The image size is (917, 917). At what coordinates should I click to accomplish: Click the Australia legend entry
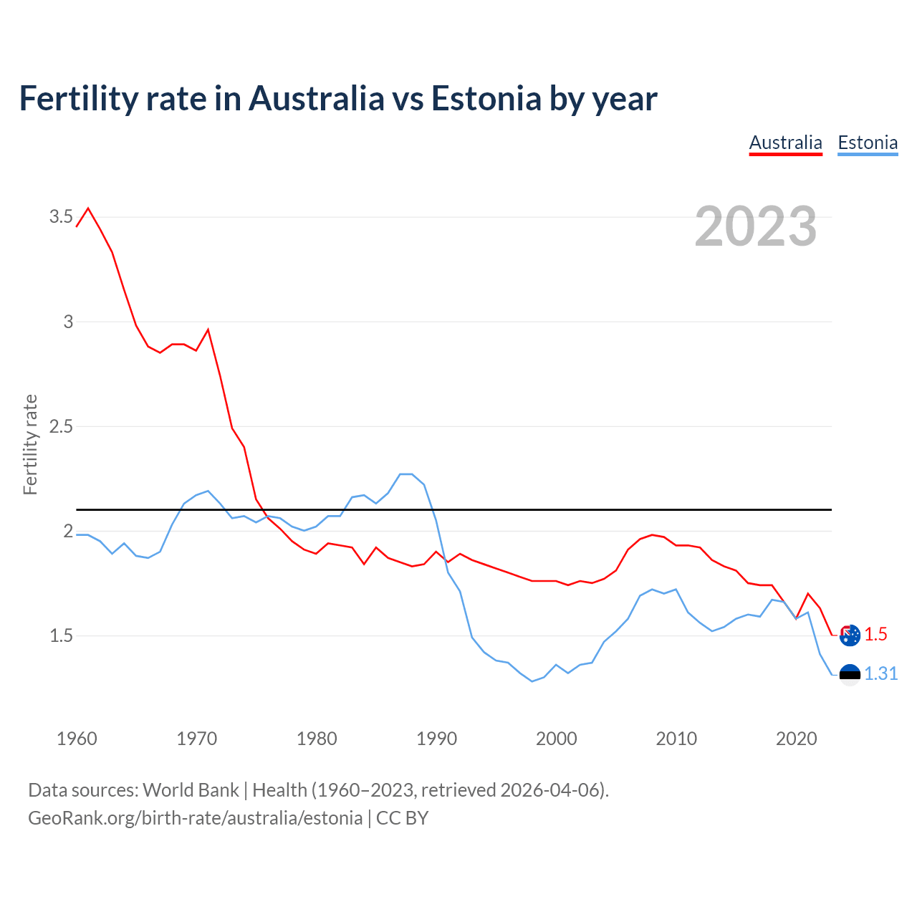point(785,143)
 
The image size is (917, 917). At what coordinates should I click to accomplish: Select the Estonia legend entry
point(868,143)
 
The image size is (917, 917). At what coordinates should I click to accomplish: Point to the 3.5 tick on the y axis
point(61,216)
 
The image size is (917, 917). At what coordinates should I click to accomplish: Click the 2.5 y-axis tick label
point(61,426)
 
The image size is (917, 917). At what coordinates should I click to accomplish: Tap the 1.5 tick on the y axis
point(61,635)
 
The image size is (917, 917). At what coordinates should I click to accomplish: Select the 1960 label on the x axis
point(77,739)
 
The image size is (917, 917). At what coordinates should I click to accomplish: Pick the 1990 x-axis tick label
point(436,739)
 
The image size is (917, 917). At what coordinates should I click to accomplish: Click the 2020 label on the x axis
point(796,739)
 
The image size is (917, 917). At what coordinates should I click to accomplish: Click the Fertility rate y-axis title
point(30,444)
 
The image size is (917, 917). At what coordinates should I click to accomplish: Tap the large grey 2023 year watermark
point(755,226)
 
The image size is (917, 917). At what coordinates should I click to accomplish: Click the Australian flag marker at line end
point(850,635)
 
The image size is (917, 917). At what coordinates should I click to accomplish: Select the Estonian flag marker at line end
point(850,674)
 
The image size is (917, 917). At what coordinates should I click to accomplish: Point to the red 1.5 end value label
point(875,634)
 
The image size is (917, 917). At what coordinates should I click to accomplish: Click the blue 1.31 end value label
point(880,674)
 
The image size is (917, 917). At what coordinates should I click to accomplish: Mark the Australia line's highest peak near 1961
point(88,208)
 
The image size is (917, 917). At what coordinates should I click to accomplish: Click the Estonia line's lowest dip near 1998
point(532,681)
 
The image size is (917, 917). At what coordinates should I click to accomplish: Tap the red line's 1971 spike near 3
point(208,330)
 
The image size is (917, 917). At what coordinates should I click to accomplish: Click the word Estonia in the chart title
point(486,98)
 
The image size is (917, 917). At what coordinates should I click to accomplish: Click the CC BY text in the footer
point(402,818)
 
